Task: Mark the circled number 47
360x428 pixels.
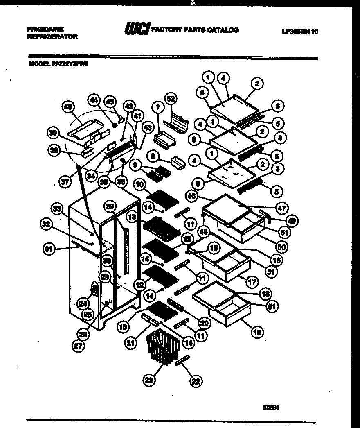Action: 282,208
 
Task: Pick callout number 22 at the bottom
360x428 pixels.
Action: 196,382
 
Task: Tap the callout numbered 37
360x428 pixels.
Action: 64,182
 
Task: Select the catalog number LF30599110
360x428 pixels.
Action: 300,31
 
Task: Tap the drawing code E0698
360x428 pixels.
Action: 271,408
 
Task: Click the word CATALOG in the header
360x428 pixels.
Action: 225,30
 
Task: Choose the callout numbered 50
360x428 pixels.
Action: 282,247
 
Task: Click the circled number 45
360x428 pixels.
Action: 110,100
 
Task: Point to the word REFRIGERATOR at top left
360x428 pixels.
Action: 52,36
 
